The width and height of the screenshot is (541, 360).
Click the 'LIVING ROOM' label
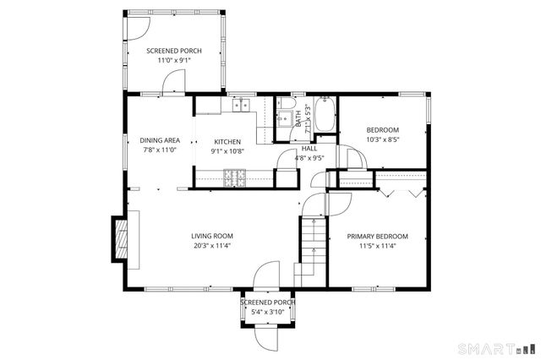click(x=211, y=236)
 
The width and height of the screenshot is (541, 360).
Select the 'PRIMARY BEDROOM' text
click(x=378, y=236)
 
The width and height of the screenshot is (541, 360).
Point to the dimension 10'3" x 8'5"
click(x=382, y=139)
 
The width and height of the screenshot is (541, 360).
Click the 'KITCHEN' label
click(x=227, y=142)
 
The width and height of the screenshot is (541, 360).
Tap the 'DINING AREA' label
click(x=158, y=140)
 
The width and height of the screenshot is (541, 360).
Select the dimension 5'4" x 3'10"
click(x=267, y=312)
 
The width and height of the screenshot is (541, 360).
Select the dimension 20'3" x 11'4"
click(x=211, y=246)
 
